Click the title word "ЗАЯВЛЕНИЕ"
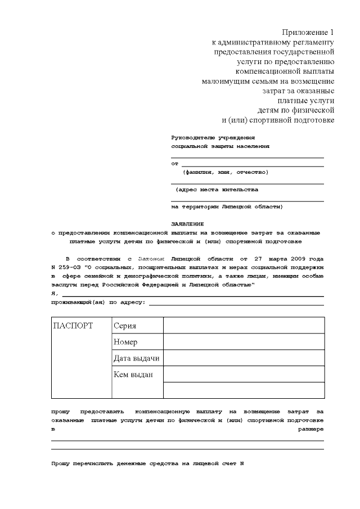click(x=187, y=223)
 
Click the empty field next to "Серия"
click(x=244, y=326)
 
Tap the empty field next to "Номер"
click(x=244, y=341)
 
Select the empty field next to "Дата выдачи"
click(x=244, y=358)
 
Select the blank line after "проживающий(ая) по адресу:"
click(x=236, y=303)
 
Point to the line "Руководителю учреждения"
click(x=213, y=137)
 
